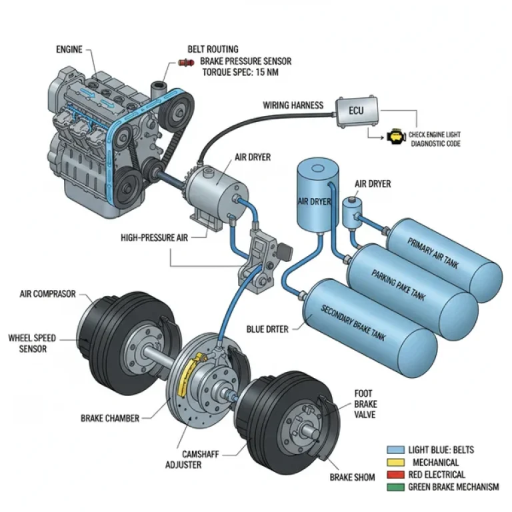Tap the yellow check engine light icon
coord(394,137)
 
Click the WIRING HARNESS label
coord(293,105)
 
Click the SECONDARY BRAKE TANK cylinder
coord(369,323)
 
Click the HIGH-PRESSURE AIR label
coord(153,237)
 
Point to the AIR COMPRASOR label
coord(48,293)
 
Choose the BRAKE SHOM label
coord(352,477)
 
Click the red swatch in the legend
coord(396,475)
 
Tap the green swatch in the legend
coord(396,487)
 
